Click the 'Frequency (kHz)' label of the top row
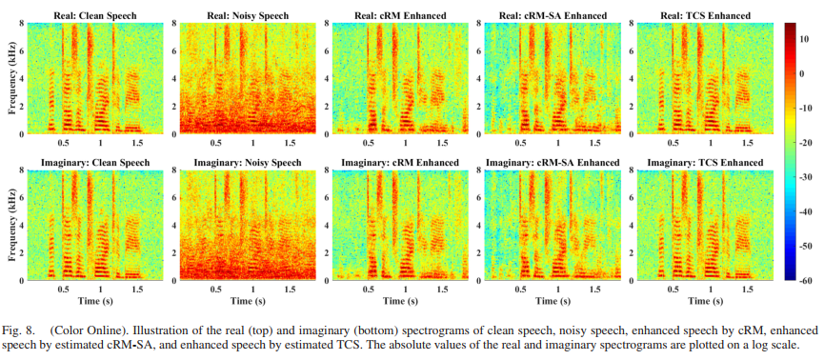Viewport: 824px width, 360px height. [12, 77]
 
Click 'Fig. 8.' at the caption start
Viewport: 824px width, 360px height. [21, 330]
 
